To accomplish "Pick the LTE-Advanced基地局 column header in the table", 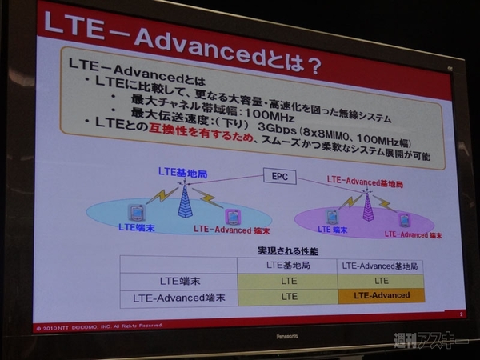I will pyautogui.click(x=380, y=266).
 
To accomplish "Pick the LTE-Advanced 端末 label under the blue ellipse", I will pyautogui.click(x=227, y=229).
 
